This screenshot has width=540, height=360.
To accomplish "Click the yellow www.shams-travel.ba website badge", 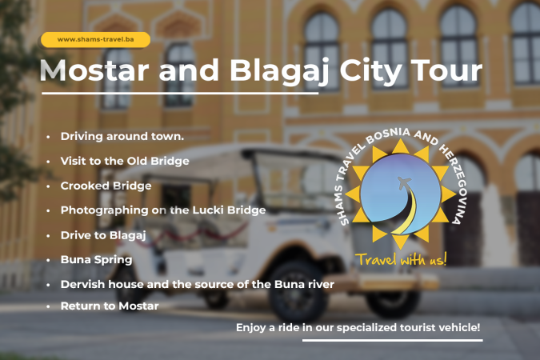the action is click(x=95, y=40).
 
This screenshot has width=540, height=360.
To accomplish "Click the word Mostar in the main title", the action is click(x=94, y=70).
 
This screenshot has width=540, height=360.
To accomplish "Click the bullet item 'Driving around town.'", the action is click(x=122, y=137).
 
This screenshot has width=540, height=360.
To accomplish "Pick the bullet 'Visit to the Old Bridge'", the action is click(x=125, y=161).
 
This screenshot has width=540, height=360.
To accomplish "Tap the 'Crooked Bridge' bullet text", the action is click(x=106, y=186).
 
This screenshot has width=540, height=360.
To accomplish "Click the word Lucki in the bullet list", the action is click(x=208, y=210).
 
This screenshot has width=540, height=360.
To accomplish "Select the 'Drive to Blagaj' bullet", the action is click(x=103, y=235).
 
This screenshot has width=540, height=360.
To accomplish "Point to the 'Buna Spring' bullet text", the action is click(x=97, y=260).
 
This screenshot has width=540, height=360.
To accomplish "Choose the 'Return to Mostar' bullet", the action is click(x=110, y=306).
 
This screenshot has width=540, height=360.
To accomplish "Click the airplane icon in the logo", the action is click(x=404, y=182).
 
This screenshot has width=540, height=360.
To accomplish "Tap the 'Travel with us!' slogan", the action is click(x=401, y=259).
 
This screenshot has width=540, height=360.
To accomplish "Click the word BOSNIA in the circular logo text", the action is click(x=388, y=135).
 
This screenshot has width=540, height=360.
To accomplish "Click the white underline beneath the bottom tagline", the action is click(x=393, y=340).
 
